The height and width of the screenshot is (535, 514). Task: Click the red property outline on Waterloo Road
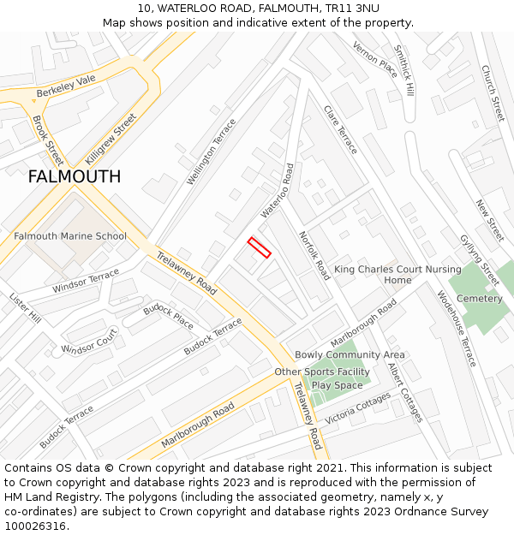click(x=259, y=247)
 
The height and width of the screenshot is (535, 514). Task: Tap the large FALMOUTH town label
click(x=75, y=177)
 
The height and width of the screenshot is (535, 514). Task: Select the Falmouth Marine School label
click(x=70, y=236)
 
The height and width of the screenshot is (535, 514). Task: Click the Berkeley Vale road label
click(x=66, y=86)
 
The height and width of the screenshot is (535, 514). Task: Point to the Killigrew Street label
click(x=111, y=139)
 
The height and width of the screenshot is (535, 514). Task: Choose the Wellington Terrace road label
click(x=211, y=152)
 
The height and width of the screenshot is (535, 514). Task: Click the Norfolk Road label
click(x=314, y=255)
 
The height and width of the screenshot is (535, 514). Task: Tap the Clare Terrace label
click(x=340, y=129)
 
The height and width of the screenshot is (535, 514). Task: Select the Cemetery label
click(x=480, y=299)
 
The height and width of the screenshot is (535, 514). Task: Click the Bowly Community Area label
click(x=350, y=354)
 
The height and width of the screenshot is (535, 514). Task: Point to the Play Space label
click(x=338, y=385)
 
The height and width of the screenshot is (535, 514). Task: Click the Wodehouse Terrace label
click(x=456, y=329)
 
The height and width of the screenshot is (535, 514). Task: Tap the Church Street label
click(x=493, y=93)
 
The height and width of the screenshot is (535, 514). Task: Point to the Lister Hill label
click(x=25, y=307)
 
